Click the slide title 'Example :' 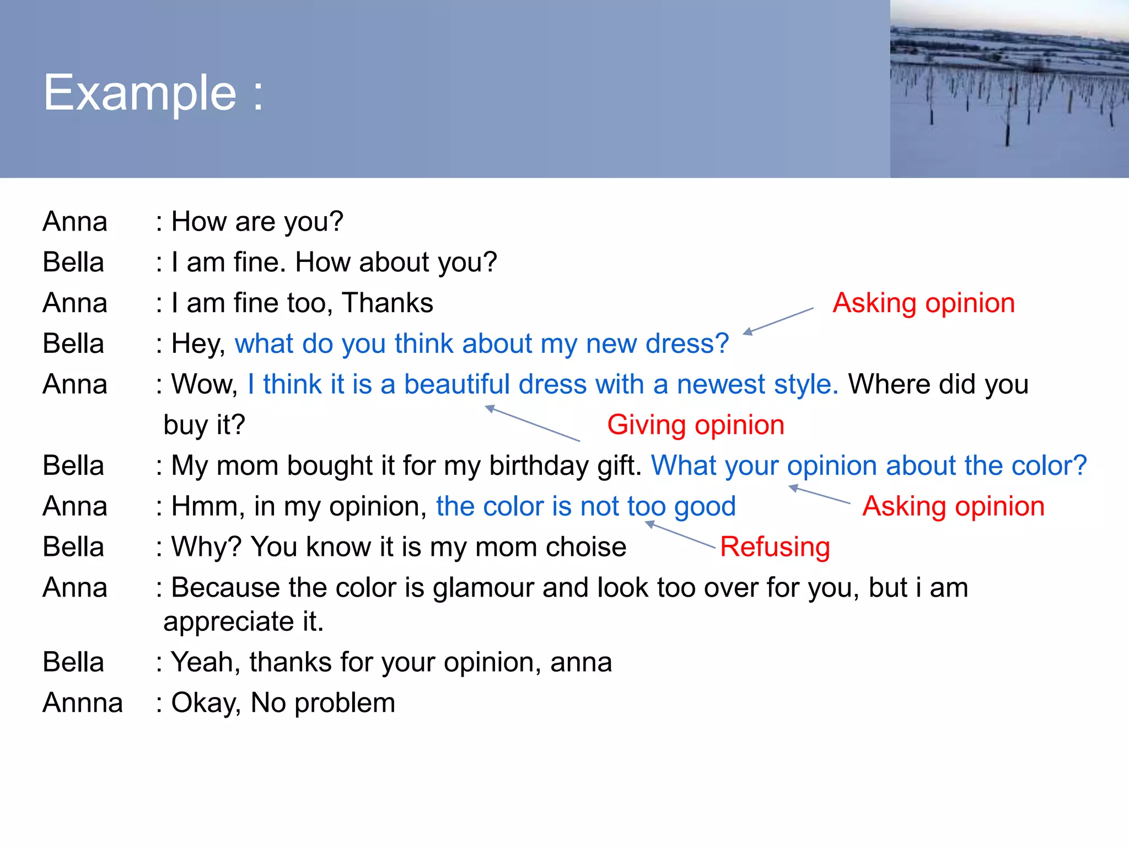153,93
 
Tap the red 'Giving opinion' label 695,425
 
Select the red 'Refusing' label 775,547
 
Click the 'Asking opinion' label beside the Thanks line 923,303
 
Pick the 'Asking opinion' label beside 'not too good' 953,506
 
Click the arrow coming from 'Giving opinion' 532,423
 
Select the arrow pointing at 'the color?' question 819,495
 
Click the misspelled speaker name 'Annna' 83,703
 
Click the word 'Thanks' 387,303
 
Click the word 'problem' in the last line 345,703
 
